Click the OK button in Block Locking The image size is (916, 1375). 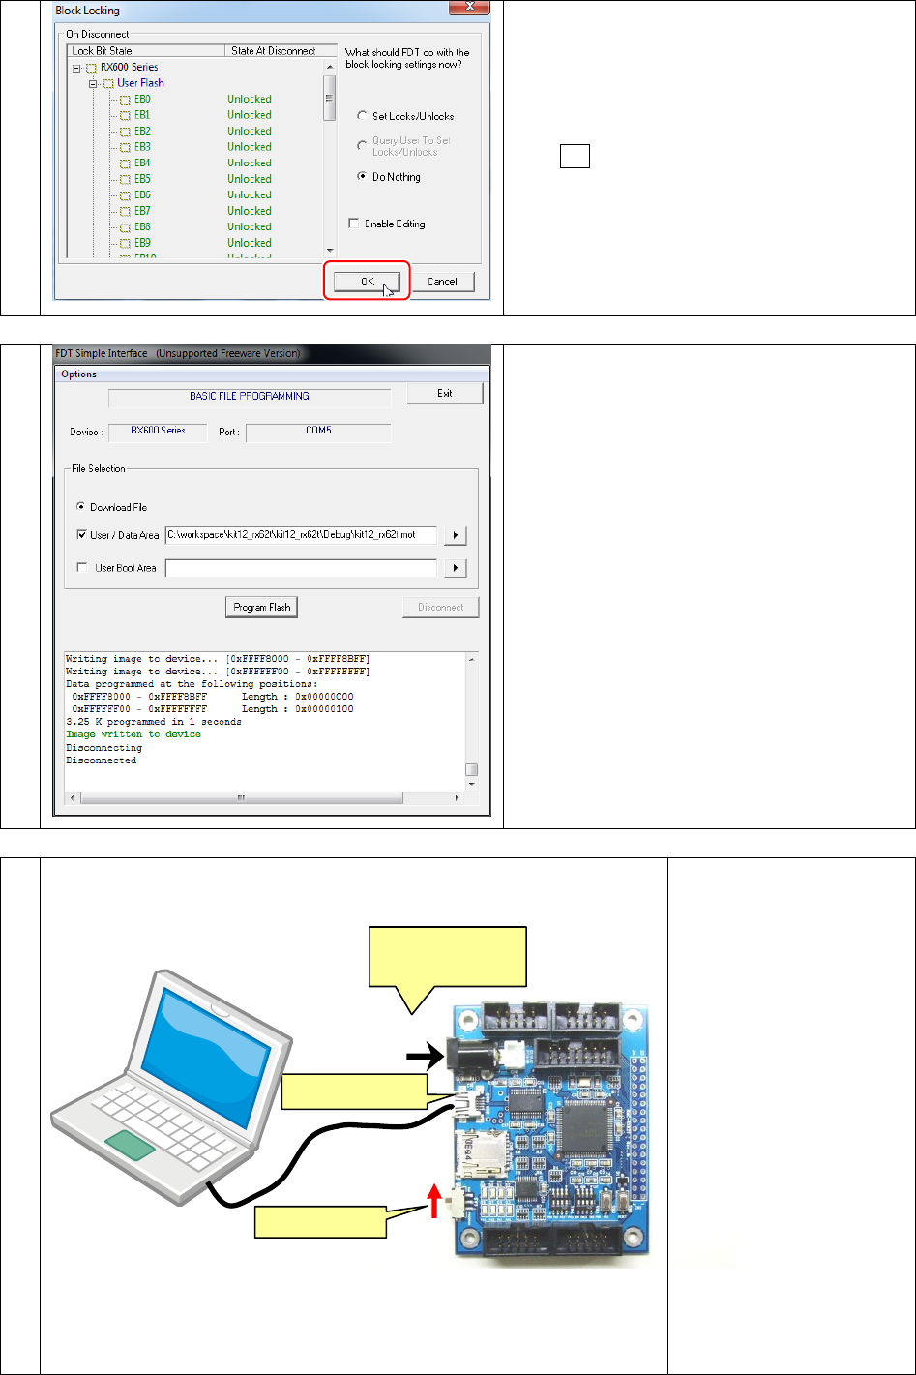point(367,282)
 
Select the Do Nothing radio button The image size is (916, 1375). point(362,177)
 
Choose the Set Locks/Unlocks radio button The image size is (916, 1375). point(362,116)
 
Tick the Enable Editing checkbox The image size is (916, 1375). point(355,224)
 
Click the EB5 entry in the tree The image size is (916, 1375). point(142,179)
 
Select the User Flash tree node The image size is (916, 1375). point(140,83)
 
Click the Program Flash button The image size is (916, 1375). point(261,608)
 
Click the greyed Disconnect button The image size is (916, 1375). point(440,608)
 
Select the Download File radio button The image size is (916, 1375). point(81,507)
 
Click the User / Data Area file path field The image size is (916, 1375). point(301,534)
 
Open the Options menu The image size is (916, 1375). point(78,374)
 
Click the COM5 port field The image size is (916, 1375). point(317,431)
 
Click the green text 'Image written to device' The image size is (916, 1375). point(133,734)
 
